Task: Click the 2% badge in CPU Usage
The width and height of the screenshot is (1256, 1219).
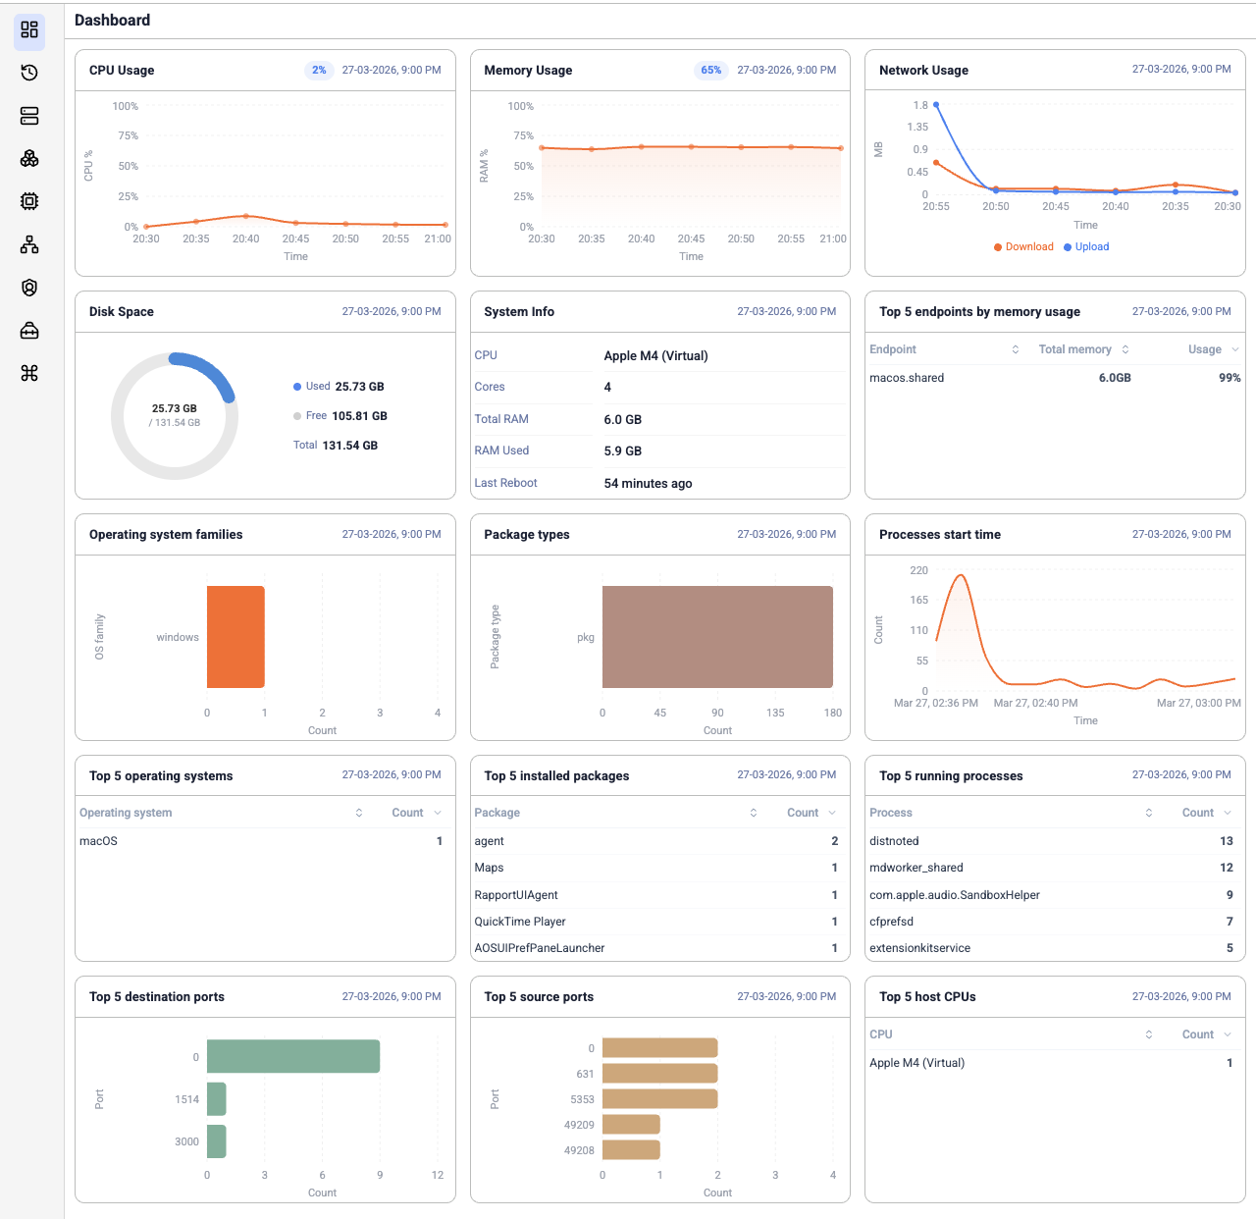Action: (319, 71)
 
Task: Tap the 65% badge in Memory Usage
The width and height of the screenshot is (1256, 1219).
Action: (710, 71)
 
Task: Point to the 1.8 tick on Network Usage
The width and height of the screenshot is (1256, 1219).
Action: (919, 105)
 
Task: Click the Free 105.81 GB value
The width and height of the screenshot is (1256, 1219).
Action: (359, 416)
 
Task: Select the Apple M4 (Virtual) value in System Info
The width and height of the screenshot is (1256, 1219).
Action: (655, 356)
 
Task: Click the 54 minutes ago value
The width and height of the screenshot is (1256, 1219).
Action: (648, 484)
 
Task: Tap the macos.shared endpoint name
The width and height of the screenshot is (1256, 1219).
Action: (907, 378)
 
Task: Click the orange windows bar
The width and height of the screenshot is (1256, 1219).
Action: (235, 637)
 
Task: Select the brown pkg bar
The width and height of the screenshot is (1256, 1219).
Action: (717, 637)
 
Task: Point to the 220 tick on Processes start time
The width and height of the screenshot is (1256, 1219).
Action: (918, 570)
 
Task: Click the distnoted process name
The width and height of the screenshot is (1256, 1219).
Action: (894, 841)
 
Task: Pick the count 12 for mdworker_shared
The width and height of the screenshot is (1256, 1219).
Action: (1226, 868)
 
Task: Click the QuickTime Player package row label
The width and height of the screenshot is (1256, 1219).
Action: (520, 922)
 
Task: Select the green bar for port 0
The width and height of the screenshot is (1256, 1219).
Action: (292, 1056)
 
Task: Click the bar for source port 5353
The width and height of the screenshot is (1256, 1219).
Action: (659, 1099)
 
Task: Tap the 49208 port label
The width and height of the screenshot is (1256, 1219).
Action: (579, 1150)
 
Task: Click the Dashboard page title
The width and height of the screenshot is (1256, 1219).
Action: (112, 21)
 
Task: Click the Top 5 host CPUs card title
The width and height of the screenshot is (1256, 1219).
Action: (927, 997)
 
